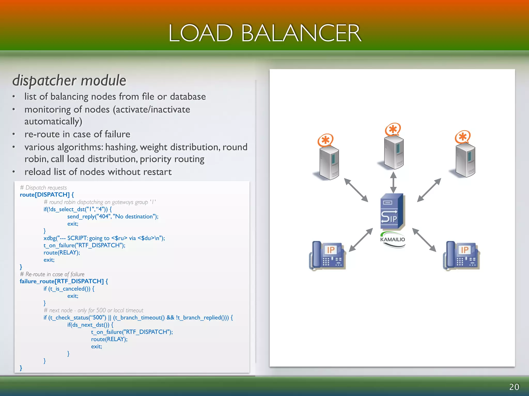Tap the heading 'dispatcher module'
click(69, 80)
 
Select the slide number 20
click(514, 387)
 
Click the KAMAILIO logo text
click(392, 240)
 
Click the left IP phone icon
click(327, 255)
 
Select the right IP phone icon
click(461, 255)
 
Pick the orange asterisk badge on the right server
click(463, 137)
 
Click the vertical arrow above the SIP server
click(393, 182)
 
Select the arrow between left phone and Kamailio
click(361, 240)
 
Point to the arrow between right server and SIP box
click(429, 190)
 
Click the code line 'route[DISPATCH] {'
click(47, 195)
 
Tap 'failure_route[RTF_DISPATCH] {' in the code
click(64, 281)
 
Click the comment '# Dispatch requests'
click(43, 188)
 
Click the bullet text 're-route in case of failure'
click(77, 134)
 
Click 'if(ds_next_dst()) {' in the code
click(90, 325)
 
